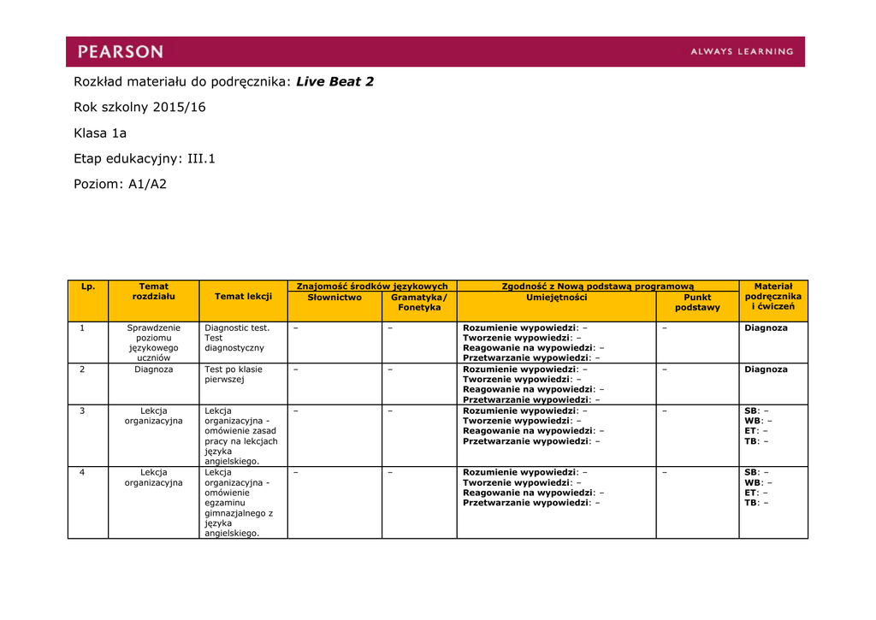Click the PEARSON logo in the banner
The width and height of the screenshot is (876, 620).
click(121, 51)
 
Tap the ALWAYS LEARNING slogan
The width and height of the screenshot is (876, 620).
click(742, 51)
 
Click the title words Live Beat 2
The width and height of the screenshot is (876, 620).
click(334, 82)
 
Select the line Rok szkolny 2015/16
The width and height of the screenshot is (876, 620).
click(139, 108)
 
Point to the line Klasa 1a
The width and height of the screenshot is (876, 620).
click(100, 133)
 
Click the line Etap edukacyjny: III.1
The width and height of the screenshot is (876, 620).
click(145, 159)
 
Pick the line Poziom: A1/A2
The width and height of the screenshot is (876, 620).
click(120, 184)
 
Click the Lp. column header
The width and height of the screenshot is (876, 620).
click(88, 286)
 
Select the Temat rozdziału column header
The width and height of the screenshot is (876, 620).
click(154, 292)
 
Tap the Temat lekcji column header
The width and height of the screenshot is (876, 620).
click(243, 297)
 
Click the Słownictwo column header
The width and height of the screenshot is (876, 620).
click(334, 298)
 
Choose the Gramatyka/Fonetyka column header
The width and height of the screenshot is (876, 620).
click(419, 303)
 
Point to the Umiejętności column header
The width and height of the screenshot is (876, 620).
click(556, 298)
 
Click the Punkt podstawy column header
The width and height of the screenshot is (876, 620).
click(697, 303)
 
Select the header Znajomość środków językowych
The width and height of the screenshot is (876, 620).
click(372, 286)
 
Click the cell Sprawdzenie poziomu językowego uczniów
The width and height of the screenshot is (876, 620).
click(154, 343)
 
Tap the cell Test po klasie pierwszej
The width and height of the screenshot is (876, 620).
click(234, 375)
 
